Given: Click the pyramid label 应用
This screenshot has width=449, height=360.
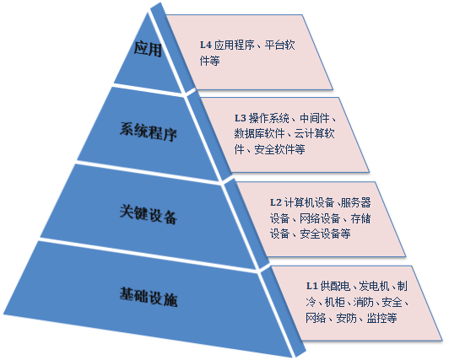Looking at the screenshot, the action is (148, 49).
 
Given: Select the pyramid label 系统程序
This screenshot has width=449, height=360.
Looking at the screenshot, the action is (149, 132).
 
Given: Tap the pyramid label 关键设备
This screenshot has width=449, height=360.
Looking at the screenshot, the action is (149, 214).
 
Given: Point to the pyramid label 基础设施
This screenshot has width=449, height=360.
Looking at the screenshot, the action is (149, 297).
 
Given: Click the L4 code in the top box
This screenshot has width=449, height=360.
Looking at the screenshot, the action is (206, 45).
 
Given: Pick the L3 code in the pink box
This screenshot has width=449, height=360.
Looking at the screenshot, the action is (241, 118).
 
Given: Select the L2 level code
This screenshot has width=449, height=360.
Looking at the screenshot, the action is (276, 202).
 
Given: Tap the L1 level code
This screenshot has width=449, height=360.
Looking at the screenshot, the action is (312, 286).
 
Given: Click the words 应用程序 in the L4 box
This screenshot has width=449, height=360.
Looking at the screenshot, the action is (235, 45).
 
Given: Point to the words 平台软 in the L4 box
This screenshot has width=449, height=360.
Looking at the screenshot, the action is (279, 45).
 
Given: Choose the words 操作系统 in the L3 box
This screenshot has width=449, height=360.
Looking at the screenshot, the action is (269, 118).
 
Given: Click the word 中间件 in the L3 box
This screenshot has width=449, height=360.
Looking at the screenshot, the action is (315, 118).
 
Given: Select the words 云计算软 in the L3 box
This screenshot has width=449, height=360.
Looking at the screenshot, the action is (315, 133).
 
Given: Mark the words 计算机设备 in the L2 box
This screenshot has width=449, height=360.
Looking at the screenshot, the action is (310, 202).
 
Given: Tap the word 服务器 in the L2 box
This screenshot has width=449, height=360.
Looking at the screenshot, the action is (356, 202).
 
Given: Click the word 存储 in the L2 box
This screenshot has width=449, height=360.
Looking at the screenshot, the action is (361, 218).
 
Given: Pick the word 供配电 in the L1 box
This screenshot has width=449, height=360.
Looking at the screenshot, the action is (335, 286).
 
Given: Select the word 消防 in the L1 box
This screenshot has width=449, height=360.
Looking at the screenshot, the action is (364, 302).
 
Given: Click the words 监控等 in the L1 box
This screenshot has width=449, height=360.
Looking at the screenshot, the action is (381, 318).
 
